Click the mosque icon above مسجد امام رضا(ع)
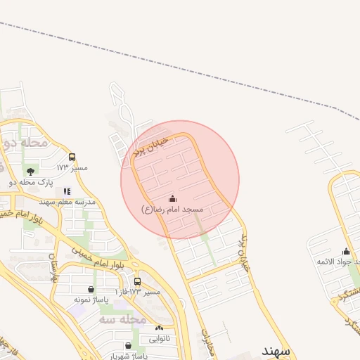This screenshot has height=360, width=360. tap(173, 199)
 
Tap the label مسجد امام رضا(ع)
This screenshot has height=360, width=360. tap(172, 210)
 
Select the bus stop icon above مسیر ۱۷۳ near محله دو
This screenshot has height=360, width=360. tap(72, 157)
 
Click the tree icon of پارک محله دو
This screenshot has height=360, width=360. tap(30, 171)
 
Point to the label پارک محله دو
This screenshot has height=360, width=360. tap(31, 183)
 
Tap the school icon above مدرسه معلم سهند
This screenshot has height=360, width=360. tap(67, 191)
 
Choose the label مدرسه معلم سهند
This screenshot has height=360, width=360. tap(67, 202)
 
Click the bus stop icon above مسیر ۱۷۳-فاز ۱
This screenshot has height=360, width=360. tap(138, 281)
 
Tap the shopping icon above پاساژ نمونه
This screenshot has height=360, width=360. tap(91, 288)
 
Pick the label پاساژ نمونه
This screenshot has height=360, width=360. tap(91, 300)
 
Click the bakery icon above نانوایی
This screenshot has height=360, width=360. tap(159, 328)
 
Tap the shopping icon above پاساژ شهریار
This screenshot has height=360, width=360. tap(128, 345)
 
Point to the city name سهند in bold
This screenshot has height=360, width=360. tap(276, 349)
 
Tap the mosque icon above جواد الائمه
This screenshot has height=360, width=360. tap(346, 252)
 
